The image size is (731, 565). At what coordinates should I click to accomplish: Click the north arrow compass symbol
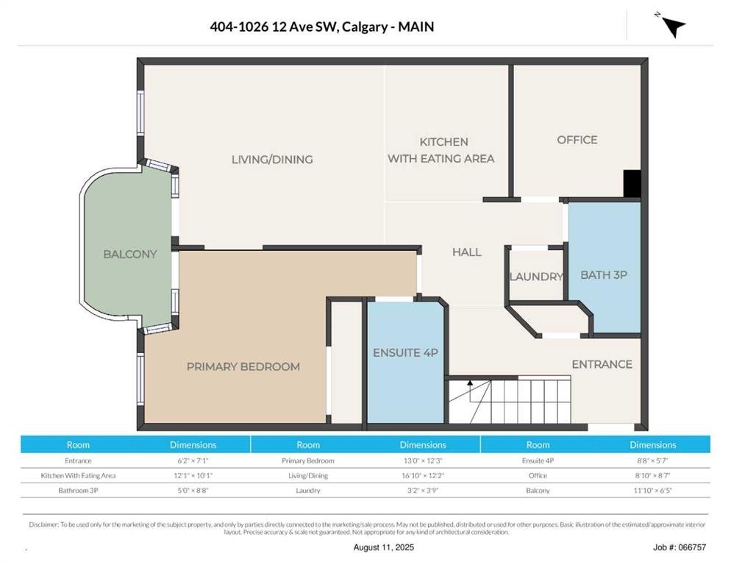click(x=674, y=26)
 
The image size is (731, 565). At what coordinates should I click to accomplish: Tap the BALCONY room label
click(x=130, y=255)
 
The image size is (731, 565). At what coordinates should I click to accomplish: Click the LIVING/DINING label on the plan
click(x=272, y=160)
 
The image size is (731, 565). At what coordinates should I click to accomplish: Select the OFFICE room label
click(x=577, y=140)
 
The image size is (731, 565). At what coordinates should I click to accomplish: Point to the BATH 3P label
click(x=604, y=275)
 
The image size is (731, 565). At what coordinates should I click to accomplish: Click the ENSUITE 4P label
click(x=406, y=352)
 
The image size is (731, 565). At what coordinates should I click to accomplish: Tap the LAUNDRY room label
click(x=537, y=277)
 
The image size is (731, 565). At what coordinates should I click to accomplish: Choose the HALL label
click(x=467, y=252)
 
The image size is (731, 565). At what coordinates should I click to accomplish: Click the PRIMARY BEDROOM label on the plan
click(x=243, y=366)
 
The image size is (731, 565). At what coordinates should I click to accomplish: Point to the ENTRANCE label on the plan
click(x=602, y=364)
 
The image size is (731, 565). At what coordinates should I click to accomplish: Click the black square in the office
click(x=632, y=183)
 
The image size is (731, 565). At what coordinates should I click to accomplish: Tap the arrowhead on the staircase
click(x=470, y=383)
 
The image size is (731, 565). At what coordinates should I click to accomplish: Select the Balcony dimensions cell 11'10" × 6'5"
click(x=653, y=491)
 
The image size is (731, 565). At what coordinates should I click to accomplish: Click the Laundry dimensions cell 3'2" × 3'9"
click(x=423, y=491)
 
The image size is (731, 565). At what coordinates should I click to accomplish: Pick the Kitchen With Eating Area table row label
click(x=78, y=475)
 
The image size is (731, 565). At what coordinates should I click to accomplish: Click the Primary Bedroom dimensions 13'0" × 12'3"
click(x=423, y=461)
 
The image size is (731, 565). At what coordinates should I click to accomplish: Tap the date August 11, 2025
click(x=384, y=547)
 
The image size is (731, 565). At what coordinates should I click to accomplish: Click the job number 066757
click(x=692, y=547)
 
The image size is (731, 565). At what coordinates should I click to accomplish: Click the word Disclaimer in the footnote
click(x=44, y=525)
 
